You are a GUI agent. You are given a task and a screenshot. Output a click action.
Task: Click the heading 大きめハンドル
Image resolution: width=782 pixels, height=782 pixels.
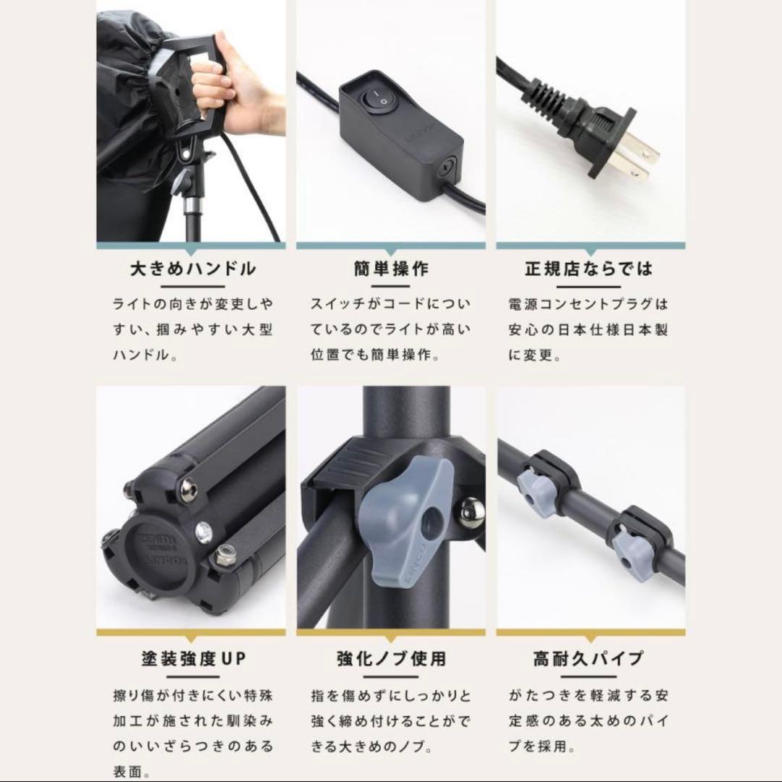click(192, 269)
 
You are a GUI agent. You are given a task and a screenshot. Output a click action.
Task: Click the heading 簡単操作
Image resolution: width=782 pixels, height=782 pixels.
click(392, 269)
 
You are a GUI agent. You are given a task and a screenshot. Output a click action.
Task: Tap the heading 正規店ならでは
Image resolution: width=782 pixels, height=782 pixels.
click(589, 269)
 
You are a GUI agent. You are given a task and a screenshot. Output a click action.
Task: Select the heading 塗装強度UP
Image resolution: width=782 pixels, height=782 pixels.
click(192, 659)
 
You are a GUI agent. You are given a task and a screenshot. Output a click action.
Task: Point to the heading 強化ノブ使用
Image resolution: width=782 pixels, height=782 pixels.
click(392, 659)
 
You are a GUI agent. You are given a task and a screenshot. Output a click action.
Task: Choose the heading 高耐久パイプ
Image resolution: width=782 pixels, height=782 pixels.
click(589, 659)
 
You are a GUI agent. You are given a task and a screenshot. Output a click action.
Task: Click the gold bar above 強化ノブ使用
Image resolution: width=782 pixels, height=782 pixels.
click(392, 632)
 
